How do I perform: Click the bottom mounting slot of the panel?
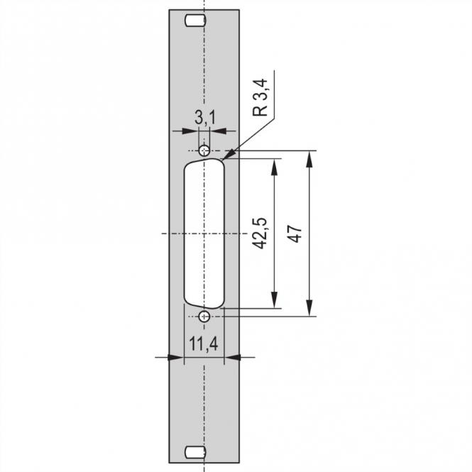(x=193, y=452)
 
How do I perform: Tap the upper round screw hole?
(x=204, y=150)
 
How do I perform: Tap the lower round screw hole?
(x=204, y=317)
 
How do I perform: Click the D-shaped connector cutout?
(x=204, y=234)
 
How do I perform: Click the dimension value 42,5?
(x=260, y=234)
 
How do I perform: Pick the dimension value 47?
(x=297, y=234)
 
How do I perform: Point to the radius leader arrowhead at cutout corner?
(x=229, y=154)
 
